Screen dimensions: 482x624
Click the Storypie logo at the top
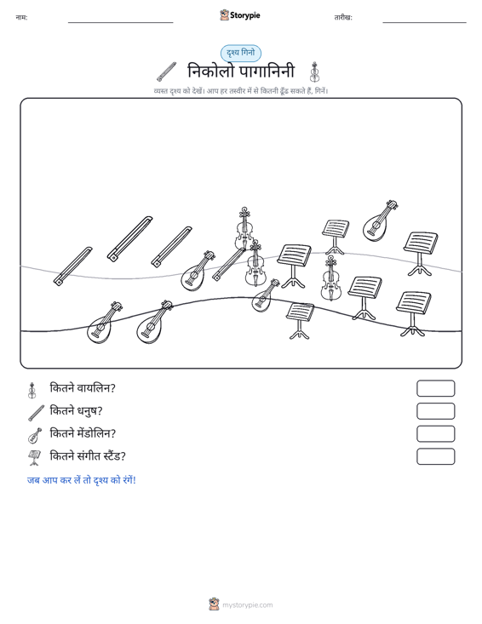coord(240,15)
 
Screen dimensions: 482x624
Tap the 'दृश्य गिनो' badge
coord(241,53)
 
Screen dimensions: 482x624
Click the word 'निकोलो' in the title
coord(210,72)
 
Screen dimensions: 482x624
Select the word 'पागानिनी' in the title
coord(267,72)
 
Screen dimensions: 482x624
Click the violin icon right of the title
coord(314,72)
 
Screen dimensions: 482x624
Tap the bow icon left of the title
coord(166,72)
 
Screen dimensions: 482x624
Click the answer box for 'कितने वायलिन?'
coord(435,388)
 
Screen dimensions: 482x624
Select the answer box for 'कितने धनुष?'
coord(435,411)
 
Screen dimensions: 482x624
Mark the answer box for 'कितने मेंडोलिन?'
coord(435,434)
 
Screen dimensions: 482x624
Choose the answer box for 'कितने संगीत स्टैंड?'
coord(435,456)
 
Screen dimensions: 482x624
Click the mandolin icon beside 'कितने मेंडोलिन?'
coord(35,436)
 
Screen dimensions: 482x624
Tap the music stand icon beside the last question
coord(35,458)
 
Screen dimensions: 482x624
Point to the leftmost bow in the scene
coord(73,266)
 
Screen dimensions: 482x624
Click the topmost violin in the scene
coord(244,228)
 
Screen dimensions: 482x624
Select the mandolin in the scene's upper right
coord(380,221)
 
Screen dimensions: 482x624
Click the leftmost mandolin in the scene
coord(104,323)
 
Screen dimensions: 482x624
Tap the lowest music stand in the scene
coord(300,320)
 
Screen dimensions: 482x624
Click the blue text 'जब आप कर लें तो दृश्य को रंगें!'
coord(82,480)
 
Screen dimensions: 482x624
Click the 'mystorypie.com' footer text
coord(247,605)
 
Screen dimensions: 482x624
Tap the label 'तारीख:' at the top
coord(343,18)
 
